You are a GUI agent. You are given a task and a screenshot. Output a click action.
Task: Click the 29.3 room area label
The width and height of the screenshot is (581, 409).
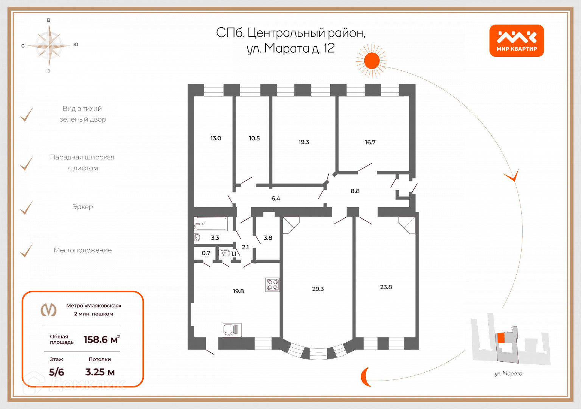coord(318,289)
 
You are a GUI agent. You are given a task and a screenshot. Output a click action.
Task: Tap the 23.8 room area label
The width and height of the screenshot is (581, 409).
coord(386,287)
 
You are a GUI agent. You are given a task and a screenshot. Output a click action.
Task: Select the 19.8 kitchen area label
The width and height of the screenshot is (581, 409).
coord(238,291)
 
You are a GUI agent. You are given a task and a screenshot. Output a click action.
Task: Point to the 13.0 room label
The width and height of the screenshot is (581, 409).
coord(216,138)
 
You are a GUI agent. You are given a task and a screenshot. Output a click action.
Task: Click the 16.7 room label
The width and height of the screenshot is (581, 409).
coord(370,142)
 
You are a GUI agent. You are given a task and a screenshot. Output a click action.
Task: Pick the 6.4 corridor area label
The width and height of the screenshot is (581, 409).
coord(275,198)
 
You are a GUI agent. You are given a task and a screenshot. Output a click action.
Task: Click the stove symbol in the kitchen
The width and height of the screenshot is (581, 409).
coord(273,285)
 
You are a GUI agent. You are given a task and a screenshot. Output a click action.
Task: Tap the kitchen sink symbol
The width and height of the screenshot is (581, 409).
coord(232,330)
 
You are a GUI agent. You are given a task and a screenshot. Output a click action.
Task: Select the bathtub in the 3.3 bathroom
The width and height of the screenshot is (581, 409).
coord(211,224)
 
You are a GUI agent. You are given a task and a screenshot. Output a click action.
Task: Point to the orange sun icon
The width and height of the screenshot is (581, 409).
coord(372,61)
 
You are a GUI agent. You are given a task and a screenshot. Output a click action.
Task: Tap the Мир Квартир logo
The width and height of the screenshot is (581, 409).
coord(516,41)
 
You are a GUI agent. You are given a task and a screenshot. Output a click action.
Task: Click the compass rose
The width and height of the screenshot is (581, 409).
coord(49,45)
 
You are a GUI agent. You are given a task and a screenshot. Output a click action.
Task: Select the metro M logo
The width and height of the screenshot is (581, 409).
coord(48,309)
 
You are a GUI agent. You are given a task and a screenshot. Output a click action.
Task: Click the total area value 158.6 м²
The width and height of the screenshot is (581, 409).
coord(101,339)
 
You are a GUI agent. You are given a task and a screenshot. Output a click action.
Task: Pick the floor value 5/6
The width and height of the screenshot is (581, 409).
coord(56,372)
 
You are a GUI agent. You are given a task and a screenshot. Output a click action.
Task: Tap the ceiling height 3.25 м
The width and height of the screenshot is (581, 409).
coord(100,372)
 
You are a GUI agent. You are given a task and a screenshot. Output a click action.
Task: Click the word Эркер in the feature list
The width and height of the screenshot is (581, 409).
coord(82,207)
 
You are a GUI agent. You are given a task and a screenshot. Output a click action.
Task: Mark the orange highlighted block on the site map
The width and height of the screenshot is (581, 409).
coord(501,338)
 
